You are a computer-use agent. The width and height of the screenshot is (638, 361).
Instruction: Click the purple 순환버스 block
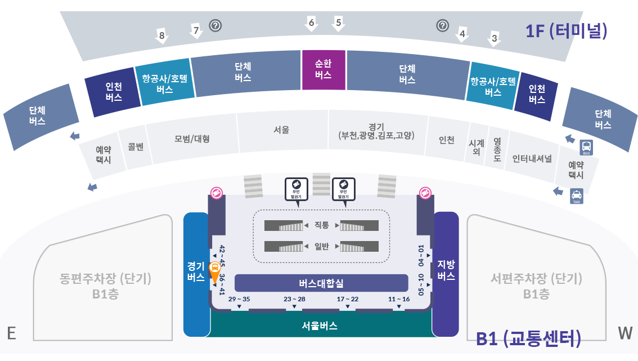click(x=323, y=69)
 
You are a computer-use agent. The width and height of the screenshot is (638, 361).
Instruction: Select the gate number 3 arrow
click(x=494, y=39)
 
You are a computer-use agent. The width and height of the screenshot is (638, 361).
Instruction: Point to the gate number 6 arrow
click(x=311, y=23)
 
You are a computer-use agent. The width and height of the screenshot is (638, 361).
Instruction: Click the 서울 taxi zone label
click(x=281, y=130)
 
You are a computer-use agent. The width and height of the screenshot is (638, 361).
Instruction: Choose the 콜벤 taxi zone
click(x=136, y=147)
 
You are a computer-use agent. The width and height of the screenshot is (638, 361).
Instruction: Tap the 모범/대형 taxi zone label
click(x=191, y=139)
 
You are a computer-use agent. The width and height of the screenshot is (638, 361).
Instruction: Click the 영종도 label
click(x=497, y=150)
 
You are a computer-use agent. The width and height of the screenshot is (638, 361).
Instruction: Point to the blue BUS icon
click(x=586, y=148)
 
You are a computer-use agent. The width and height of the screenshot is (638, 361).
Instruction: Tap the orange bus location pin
click(x=214, y=272)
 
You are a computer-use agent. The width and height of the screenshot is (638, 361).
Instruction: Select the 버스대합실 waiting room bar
click(x=321, y=283)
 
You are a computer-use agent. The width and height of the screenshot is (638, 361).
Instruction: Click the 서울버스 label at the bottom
click(x=320, y=326)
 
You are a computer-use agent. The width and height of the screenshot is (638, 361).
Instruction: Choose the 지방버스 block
click(x=446, y=270)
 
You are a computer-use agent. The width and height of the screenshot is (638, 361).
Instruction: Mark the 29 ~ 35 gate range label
click(x=239, y=299)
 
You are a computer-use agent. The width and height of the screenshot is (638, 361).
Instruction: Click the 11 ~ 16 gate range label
click(x=399, y=299)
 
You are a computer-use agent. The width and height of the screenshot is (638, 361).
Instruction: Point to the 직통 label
click(x=321, y=225)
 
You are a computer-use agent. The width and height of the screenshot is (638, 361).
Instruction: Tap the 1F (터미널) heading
click(x=566, y=31)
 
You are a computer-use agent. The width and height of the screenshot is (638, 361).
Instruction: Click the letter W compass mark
click(x=625, y=333)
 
